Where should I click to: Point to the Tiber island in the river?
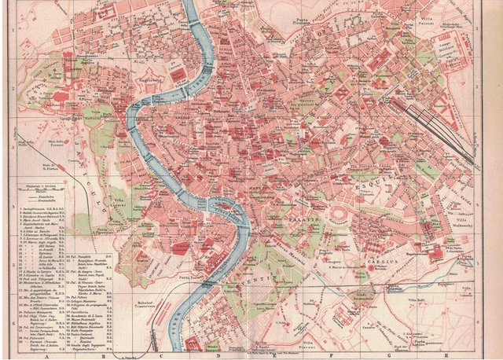click(224, 211)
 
